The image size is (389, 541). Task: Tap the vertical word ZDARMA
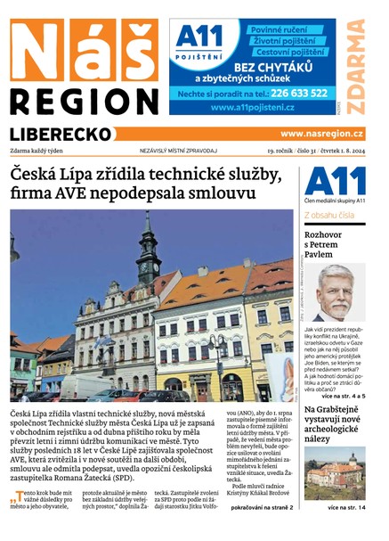click(355, 63)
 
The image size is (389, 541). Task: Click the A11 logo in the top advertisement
click(199, 41)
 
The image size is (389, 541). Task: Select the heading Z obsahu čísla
click(329, 216)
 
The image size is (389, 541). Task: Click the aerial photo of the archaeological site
click(334, 473)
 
